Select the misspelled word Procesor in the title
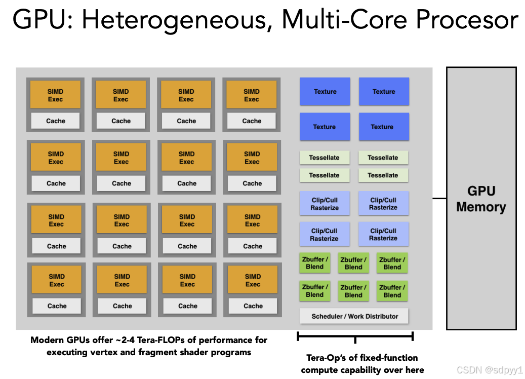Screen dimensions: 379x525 [x=467, y=20]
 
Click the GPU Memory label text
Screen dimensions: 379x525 [x=481, y=199]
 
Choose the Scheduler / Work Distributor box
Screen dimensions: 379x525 [x=354, y=316]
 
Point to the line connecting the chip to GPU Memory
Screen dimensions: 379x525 [x=439, y=199]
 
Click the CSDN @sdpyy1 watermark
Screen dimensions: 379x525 [x=490, y=370]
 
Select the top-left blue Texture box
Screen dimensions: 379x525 [x=325, y=92]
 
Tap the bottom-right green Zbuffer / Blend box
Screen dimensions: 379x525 [x=392, y=291]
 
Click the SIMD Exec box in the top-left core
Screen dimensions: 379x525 [x=56, y=95]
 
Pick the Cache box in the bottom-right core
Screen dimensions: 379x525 [x=253, y=306]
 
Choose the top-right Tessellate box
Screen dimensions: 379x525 [x=383, y=158]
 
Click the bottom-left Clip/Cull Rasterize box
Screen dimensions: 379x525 [x=325, y=235]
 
